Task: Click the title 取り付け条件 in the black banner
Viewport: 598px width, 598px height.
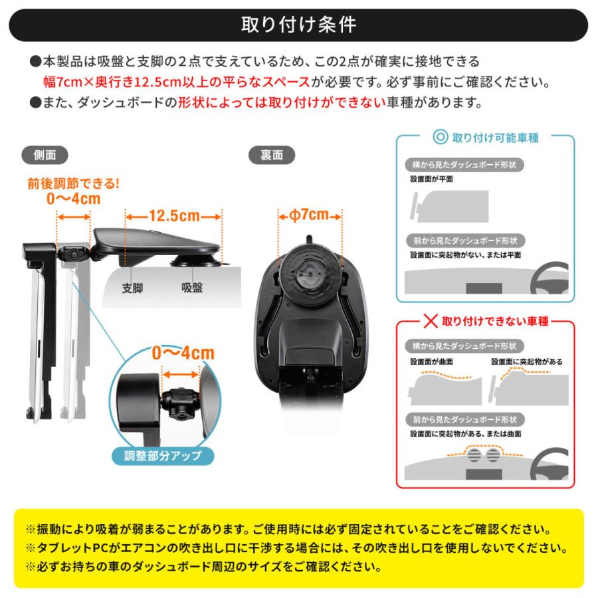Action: tap(298, 25)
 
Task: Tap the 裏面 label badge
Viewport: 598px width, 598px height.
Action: tap(272, 155)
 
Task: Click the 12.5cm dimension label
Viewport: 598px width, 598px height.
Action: tap(173, 217)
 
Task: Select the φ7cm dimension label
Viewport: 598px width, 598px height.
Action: tap(310, 215)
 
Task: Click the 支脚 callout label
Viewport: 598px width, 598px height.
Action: tap(133, 288)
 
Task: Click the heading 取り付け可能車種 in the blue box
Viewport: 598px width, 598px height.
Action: tap(495, 138)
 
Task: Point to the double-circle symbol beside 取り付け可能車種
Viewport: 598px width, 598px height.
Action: tap(440, 138)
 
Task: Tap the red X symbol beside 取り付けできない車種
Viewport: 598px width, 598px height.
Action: tap(431, 322)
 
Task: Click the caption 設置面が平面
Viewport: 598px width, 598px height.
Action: tap(432, 179)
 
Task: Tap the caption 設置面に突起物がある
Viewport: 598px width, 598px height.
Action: tap(527, 361)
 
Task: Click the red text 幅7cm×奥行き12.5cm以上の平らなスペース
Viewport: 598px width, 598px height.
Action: tap(176, 82)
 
